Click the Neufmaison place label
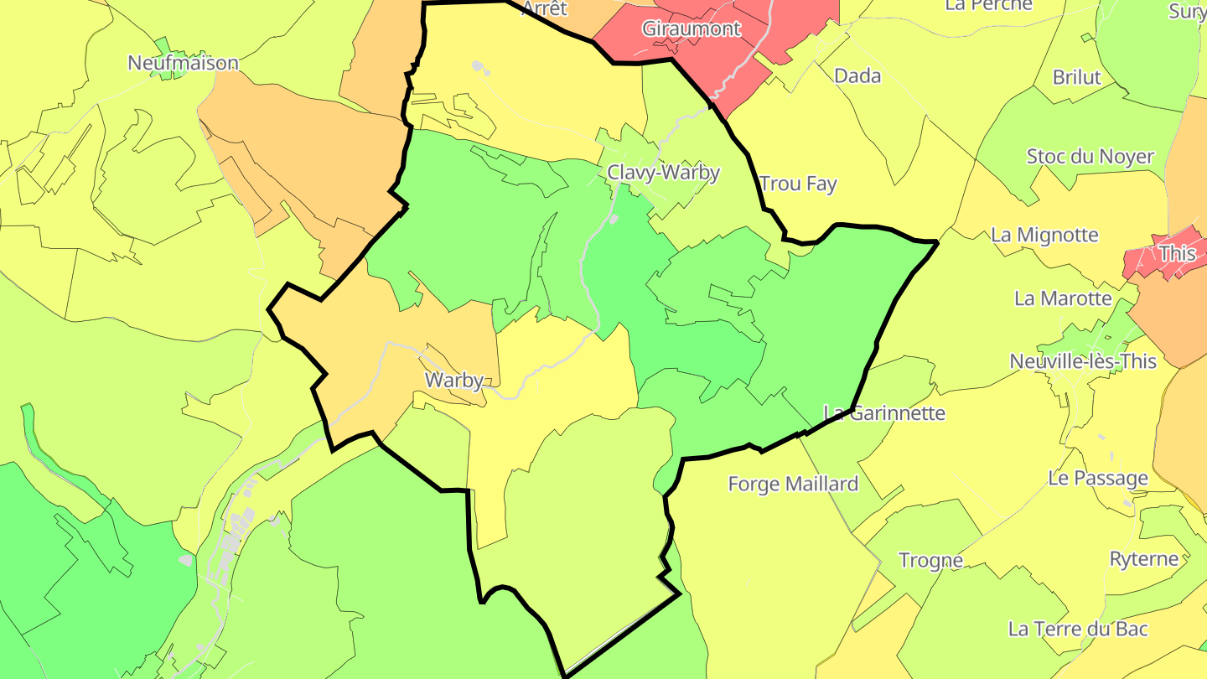pyautogui.click(x=183, y=63)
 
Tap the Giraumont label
pyautogui.click(x=692, y=29)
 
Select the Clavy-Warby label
pyautogui.click(x=663, y=173)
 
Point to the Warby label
pyautogui.click(x=454, y=380)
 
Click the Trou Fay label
pyautogui.click(x=798, y=184)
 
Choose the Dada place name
pyautogui.click(x=857, y=76)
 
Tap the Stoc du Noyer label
pyautogui.click(x=1090, y=157)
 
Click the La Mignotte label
pyautogui.click(x=1044, y=235)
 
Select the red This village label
pyautogui.click(x=1177, y=252)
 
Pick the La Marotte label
pyautogui.click(x=1063, y=298)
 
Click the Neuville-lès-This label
pyautogui.click(x=1083, y=361)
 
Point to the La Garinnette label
pyautogui.click(x=884, y=412)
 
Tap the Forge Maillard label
pyautogui.click(x=793, y=484)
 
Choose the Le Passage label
pyautogui.click(x=1098, y=478)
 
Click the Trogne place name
pyautogui.click(x=930, y=560)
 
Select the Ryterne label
pyautogui.click(x=1143, y=558)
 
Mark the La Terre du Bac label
pyautogui.click(x=1078, y=629)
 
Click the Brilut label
pyautogui.click(x=1076, y=77)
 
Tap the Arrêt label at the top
pyautogui.click(x=544, y=8)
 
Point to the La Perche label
pyautogui.click(x=988, y=5)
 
